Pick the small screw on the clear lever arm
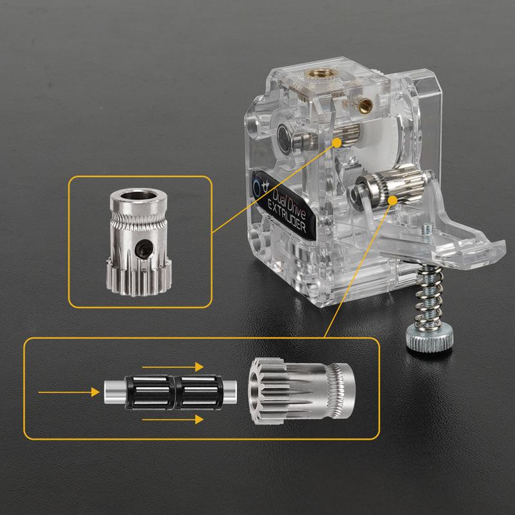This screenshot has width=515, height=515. click(426, 229)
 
